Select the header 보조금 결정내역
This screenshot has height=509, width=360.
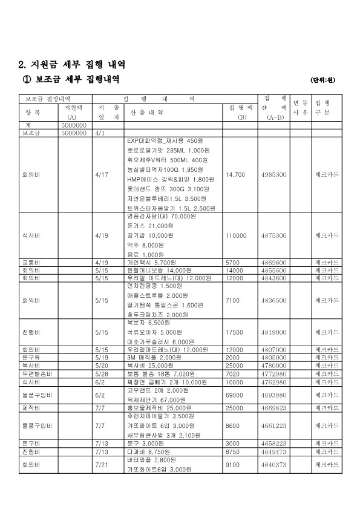coord(48,98)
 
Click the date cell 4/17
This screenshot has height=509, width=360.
coord(101,174)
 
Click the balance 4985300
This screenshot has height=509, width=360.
coord(273,174)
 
